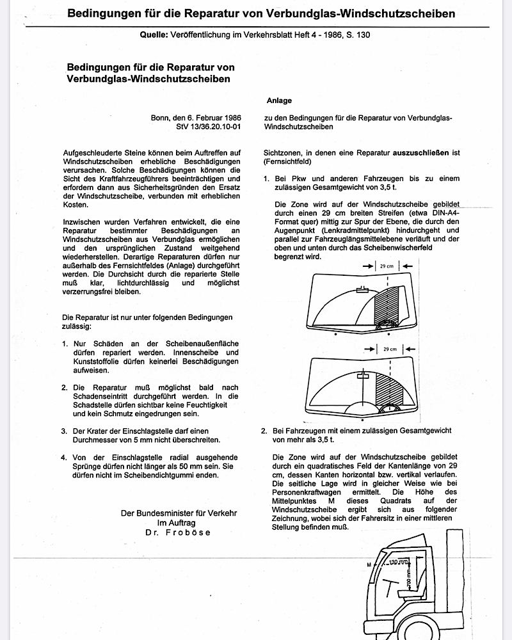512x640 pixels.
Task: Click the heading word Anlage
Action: pyautogui.click(x=279, y=100)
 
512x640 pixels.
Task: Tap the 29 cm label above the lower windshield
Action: pyautogui.click(x=389, y=349)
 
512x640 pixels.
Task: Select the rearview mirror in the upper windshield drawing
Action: pyautogui.click(x=362, y=290)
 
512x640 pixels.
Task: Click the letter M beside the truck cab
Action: pyautogui.click(x=369, y=564)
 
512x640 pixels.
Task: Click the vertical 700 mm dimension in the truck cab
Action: pyautogui.click(x=409, y=580)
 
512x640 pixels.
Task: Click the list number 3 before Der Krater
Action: pyautogui.click(x=65, y=431)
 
